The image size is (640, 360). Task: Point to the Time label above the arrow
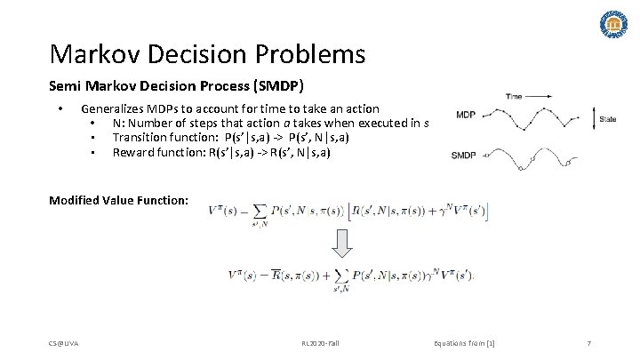click(514, 95)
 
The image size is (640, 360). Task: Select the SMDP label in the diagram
click(464, 155)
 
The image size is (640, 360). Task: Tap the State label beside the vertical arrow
click(608, 118)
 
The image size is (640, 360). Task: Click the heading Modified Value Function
click(118, 200)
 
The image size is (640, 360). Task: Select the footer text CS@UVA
click(64, 342)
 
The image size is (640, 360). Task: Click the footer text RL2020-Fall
click(320, 342)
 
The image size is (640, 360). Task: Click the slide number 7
click(589, 342)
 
